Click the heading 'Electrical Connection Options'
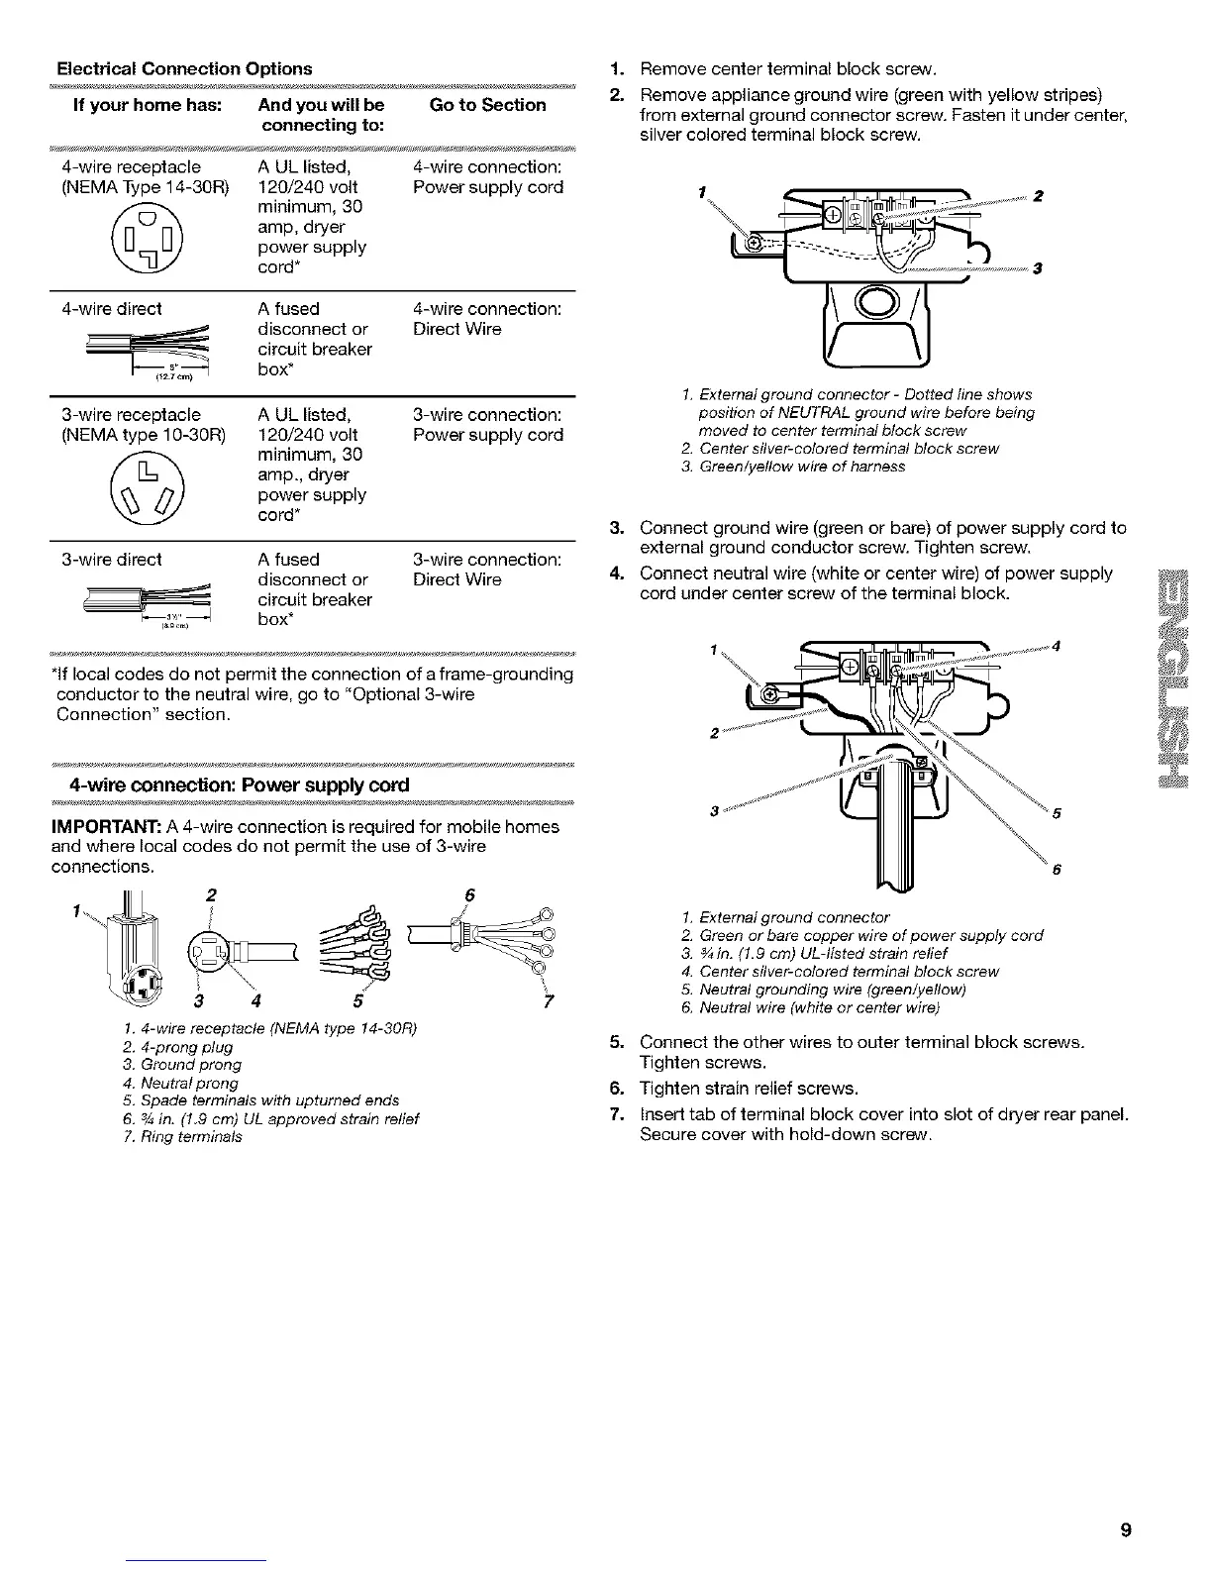[184, 68]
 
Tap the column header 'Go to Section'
[488, 105]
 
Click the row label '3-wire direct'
[112, 560]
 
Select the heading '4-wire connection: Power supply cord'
[232, 785]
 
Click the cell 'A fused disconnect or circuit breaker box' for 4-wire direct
[314, 339]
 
